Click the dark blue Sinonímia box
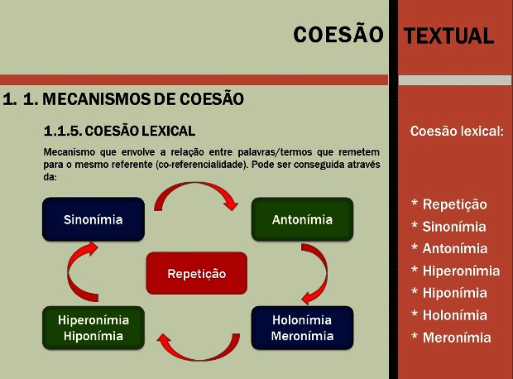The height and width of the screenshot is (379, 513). click(93, 219)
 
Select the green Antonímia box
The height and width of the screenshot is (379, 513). click(302, 219)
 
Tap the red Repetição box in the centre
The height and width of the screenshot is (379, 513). click(197, 273)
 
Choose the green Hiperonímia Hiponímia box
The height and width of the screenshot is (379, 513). click(93, 328)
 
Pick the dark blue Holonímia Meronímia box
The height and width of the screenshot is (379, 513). click(302, 328)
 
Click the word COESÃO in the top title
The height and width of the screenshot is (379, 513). click(338, 35)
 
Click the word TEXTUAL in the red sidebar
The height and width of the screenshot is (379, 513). click(448, 36)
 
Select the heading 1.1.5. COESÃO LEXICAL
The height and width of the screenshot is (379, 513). click(119, 131)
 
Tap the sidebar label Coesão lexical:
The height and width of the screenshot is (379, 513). click(457, 131)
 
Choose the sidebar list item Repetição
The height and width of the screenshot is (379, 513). click(455, 204)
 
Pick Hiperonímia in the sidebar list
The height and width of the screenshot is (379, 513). click(462, 271)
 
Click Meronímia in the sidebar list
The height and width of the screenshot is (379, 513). click(457, 338)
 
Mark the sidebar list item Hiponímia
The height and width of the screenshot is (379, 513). click(455, 293)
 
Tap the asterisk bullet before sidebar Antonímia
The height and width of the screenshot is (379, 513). click(415, 247)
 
